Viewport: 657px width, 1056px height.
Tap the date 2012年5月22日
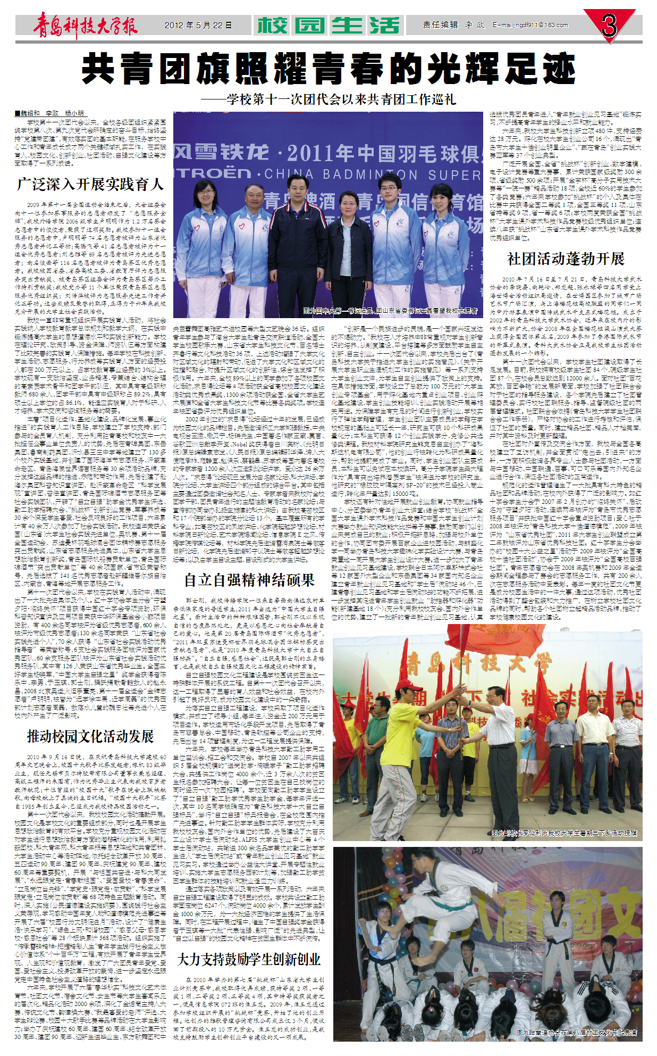198,26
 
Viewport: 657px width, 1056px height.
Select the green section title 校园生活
327,26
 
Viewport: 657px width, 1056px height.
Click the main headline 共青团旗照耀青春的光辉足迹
328,69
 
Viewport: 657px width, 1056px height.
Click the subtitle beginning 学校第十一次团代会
328,99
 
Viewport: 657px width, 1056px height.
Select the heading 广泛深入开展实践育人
90,185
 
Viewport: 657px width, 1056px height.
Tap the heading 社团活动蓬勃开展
566,259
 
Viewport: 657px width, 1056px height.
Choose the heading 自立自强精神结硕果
249,580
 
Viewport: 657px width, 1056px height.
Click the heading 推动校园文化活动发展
90,736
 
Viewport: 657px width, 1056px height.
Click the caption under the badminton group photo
391,311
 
